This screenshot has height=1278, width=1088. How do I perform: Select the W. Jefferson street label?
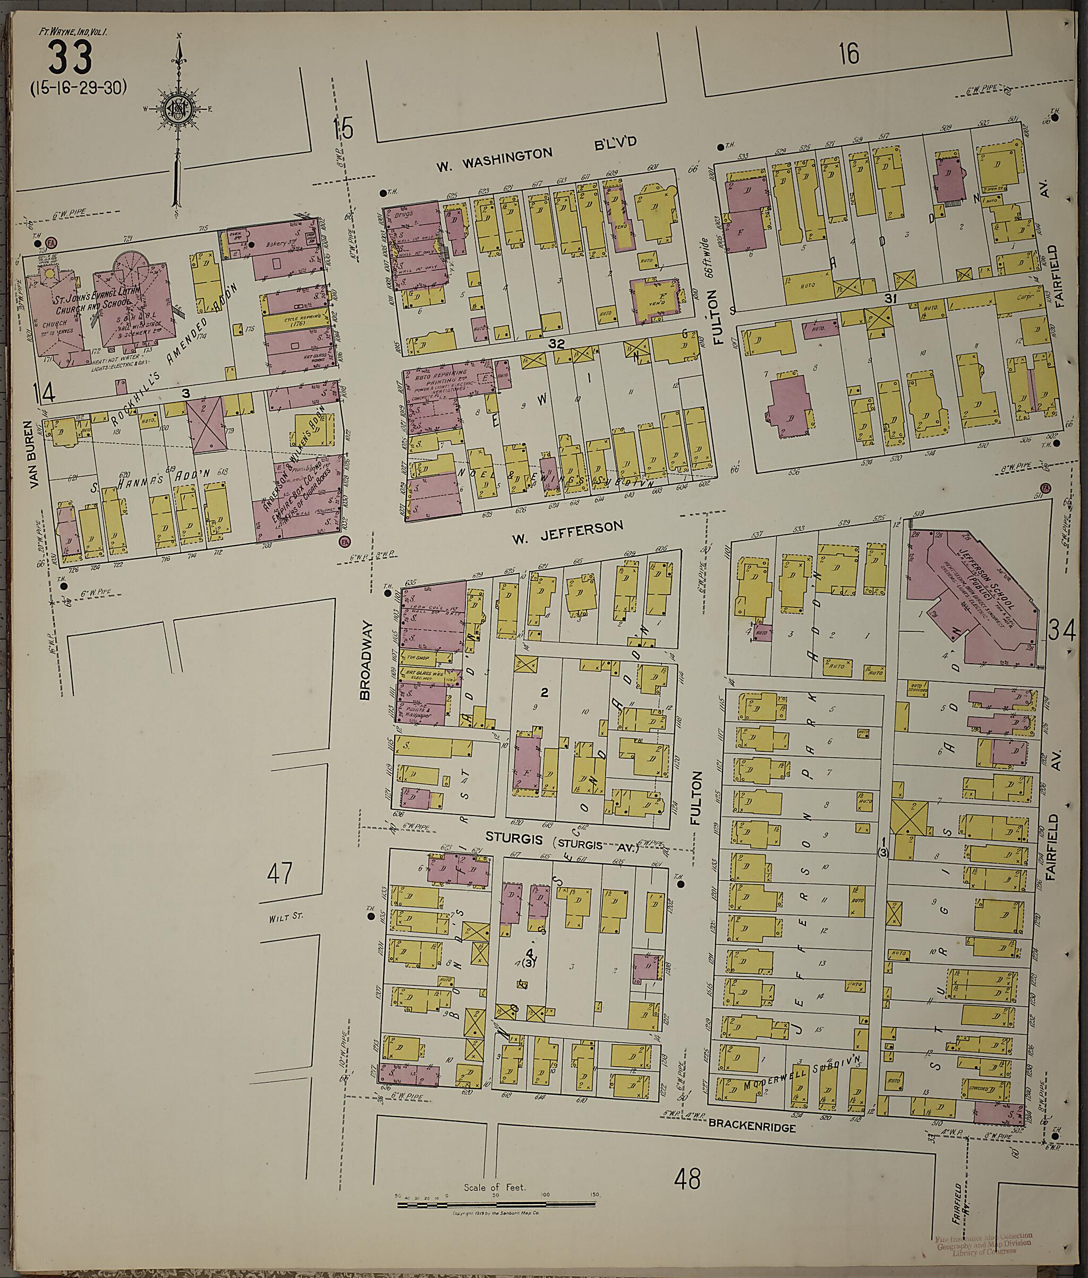pyautogui.click(x=567, y=528)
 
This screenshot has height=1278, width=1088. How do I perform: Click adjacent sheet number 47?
pyautogui.click(x=279, y=873)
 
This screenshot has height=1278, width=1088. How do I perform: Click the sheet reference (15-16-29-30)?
pyautogui.click(x=78, y=88)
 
